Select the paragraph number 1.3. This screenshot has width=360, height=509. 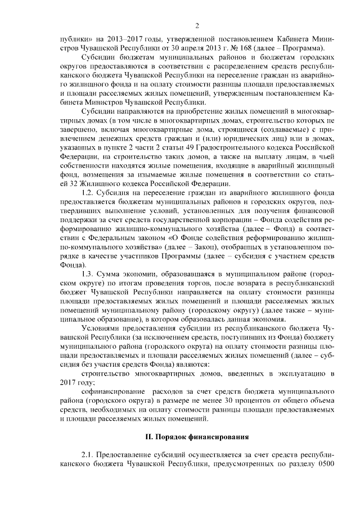89,273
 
